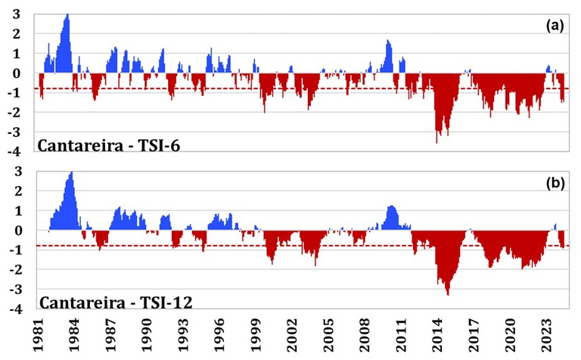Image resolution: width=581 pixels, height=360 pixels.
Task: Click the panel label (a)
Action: click(x=555, y=26)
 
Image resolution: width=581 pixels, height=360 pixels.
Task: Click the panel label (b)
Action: click(x=555, y=183)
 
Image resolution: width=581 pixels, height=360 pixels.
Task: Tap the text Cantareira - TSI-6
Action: click(x=109, y=145)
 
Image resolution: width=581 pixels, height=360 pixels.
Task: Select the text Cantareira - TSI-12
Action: click(x=116, y=303)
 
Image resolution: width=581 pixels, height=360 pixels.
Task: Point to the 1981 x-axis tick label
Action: click(x=38, y=335)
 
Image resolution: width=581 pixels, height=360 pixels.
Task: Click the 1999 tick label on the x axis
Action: click(x=256, y=335)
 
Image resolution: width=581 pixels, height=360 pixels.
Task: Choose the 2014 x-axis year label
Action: click(x=438, y=335)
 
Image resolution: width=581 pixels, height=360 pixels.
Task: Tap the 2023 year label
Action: click(x=547, y=335)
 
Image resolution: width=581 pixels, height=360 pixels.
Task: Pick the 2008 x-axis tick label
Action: click(x=365, y=335)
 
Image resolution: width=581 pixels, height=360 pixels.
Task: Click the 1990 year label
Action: click(x=147, y=335)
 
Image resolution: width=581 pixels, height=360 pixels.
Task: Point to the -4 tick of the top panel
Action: click(x=15, y=152)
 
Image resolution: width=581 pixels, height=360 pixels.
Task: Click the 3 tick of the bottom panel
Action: click(x=18, y=172)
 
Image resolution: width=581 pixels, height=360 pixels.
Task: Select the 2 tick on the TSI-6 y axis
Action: click(x=17, y=34)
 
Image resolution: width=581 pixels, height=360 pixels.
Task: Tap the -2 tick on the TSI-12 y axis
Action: click(x=15, y=270)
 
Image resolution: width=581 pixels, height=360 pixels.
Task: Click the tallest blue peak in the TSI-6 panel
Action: click(x=67, y=15)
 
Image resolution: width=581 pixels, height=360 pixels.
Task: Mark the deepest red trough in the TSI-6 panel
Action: click(x=437, y=142)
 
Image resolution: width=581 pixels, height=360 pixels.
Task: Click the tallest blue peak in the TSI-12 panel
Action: click(x=72, y=172)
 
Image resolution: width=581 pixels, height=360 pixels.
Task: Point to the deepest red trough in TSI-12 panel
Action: click(x=449, y=294)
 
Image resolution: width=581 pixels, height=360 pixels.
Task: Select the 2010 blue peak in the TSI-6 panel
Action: click(x=387, y=41)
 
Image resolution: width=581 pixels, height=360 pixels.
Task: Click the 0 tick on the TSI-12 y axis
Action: click(x=17, y=231)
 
